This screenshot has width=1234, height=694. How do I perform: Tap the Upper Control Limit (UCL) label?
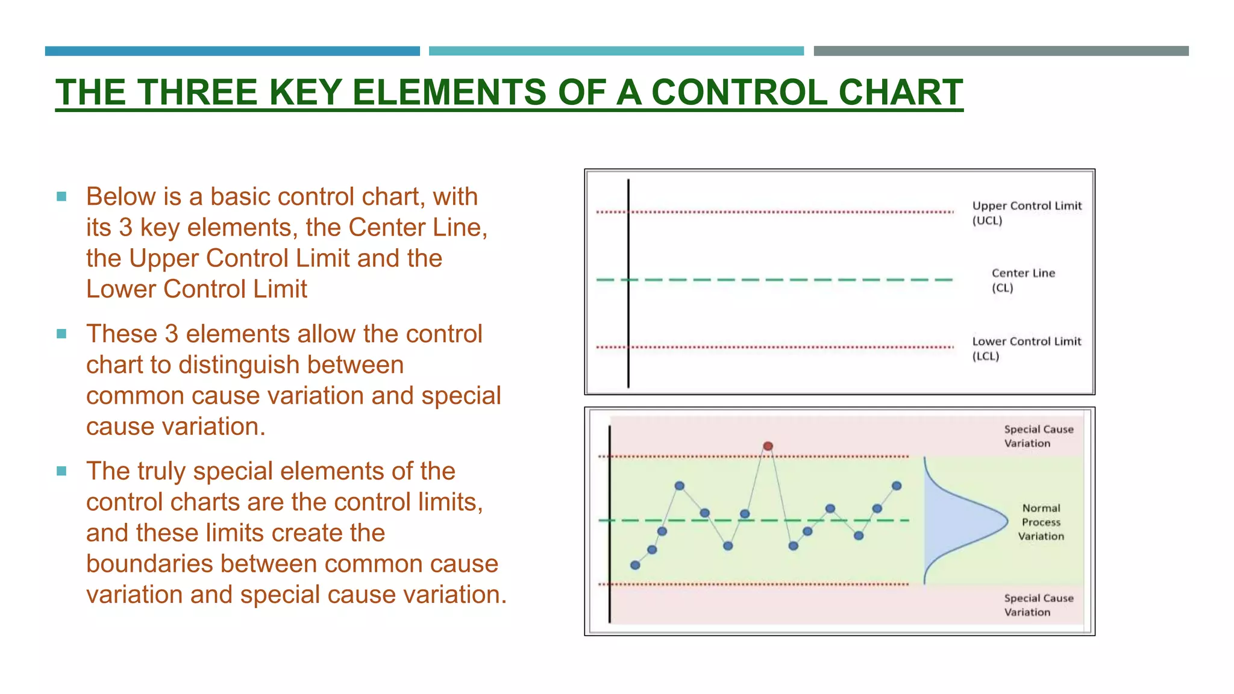click(1026, 213)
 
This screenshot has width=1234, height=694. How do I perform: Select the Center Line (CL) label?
click(1023, 280)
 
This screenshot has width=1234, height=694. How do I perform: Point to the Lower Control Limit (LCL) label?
click(1026, 348)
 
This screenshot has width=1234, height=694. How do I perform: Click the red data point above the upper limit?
click(768, 446)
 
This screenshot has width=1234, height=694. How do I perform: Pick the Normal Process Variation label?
click(1041, 522)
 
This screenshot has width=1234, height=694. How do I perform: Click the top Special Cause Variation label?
click(1038, 436)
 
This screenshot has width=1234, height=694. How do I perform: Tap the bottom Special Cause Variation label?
click(1038, 605)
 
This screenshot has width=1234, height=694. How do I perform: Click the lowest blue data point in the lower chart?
click(635, 565)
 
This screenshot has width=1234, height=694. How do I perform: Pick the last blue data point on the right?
click(897, 486)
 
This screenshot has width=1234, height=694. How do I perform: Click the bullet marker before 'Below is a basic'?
click(61, 196)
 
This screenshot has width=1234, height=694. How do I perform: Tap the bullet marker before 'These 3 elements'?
click(61, 334)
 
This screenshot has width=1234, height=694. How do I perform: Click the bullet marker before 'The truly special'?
click(61, 471)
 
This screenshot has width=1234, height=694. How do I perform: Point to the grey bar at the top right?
click(1001, 51)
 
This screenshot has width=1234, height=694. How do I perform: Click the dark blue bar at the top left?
click(232, 51)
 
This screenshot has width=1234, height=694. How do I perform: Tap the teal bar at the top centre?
click(616, 51)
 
